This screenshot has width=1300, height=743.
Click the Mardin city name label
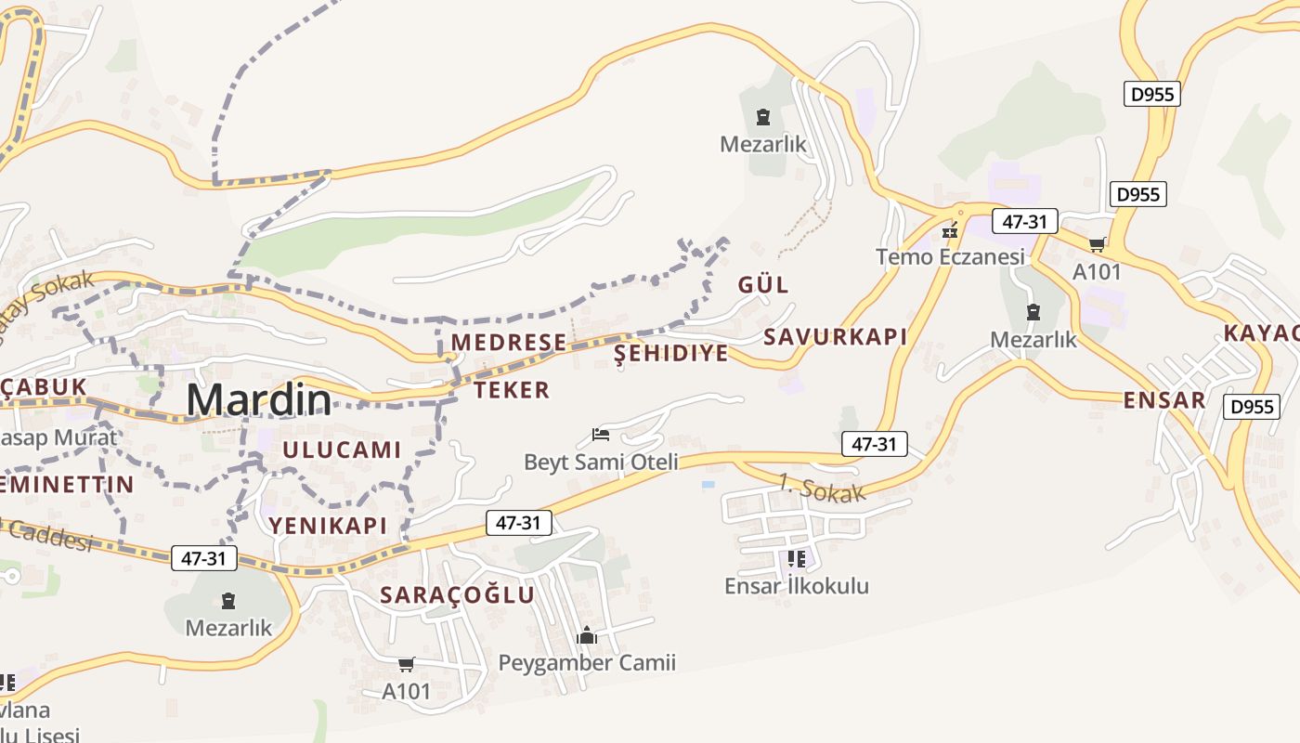click(258, 399)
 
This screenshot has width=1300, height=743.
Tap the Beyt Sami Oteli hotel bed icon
click(601, 434)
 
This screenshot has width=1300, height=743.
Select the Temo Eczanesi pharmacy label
click(950, 256)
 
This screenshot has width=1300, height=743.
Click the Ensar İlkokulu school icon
click(796, 558)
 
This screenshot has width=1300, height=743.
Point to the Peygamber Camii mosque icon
click(587, 635)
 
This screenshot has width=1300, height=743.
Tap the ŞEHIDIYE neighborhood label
click(671, 353)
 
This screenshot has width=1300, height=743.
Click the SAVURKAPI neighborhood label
click(835, 336)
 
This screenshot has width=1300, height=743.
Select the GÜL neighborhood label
click(763, 284)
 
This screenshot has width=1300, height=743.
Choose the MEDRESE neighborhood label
click(508, 342)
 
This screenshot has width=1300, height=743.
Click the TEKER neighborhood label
click(512, 389)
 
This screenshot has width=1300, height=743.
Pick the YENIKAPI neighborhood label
click(328, 525)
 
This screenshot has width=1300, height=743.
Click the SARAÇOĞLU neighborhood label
click(457, 594)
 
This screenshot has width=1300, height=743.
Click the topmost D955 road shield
click(1151, 94)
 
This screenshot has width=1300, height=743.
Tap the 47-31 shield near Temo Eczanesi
click(1025, 221)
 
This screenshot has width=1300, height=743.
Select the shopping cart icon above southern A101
click(406, 664)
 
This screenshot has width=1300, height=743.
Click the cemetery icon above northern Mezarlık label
click(763, 117)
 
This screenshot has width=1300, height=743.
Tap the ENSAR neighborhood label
click(1163, 400)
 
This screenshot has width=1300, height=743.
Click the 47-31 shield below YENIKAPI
click(203, 558)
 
